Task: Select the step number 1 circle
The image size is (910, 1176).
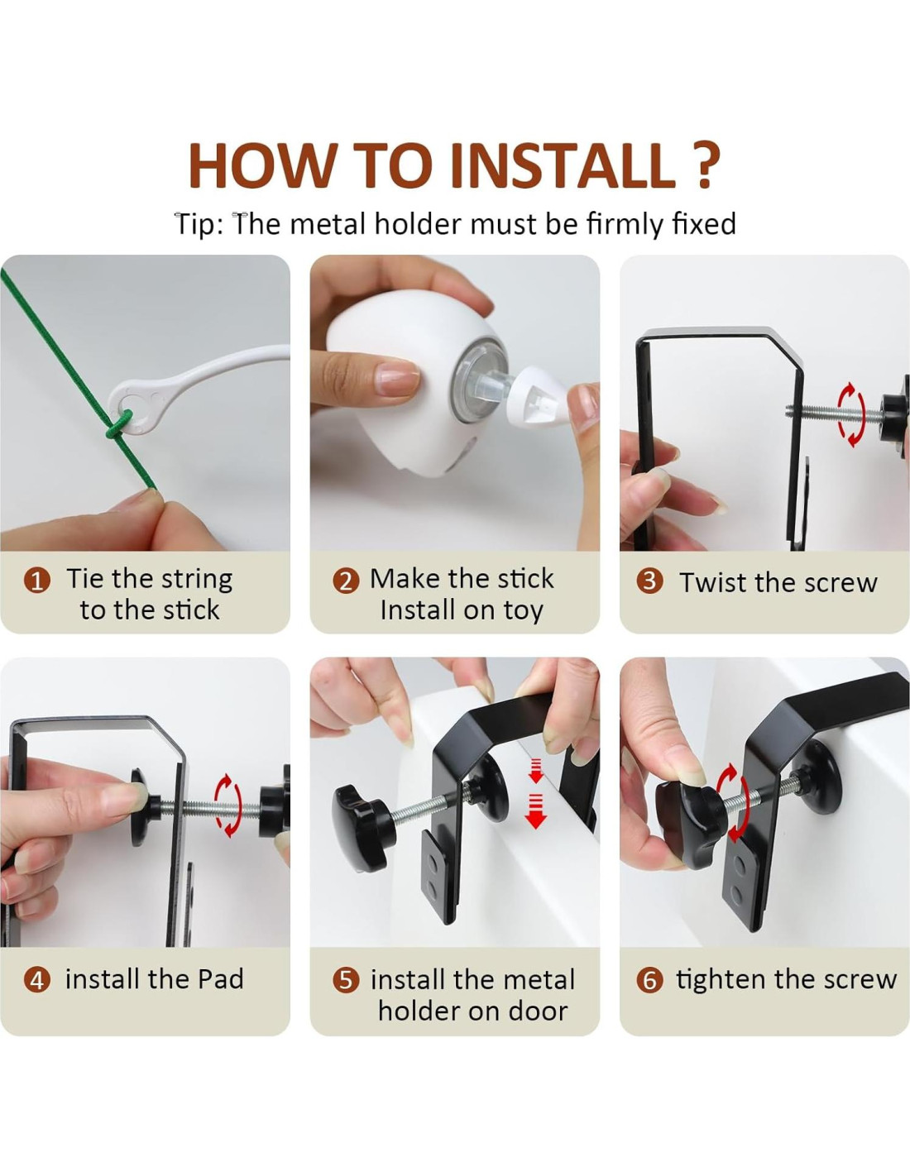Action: point(37,581)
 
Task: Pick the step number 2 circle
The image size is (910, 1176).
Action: point(346,581)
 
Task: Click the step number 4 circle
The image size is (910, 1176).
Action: point(37,980)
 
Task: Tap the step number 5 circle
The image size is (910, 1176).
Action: point(346,980)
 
